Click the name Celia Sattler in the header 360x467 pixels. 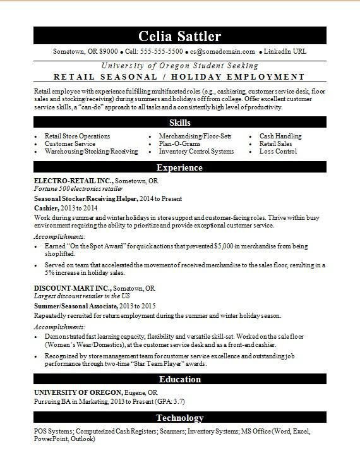coord(180,35)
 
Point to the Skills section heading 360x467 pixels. coord(180,123)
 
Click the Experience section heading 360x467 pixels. coord(180,168)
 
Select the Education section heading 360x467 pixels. coord(180,379)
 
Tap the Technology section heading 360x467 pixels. coord(180,418)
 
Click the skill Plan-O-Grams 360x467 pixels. coord(180,144)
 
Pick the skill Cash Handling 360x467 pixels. coord(280,136)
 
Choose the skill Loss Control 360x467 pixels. coord(278,152)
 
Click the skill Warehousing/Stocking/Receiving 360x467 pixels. coord(91,152)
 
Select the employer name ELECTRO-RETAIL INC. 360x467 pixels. coord(72,181)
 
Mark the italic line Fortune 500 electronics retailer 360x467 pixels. coord(78,189)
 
